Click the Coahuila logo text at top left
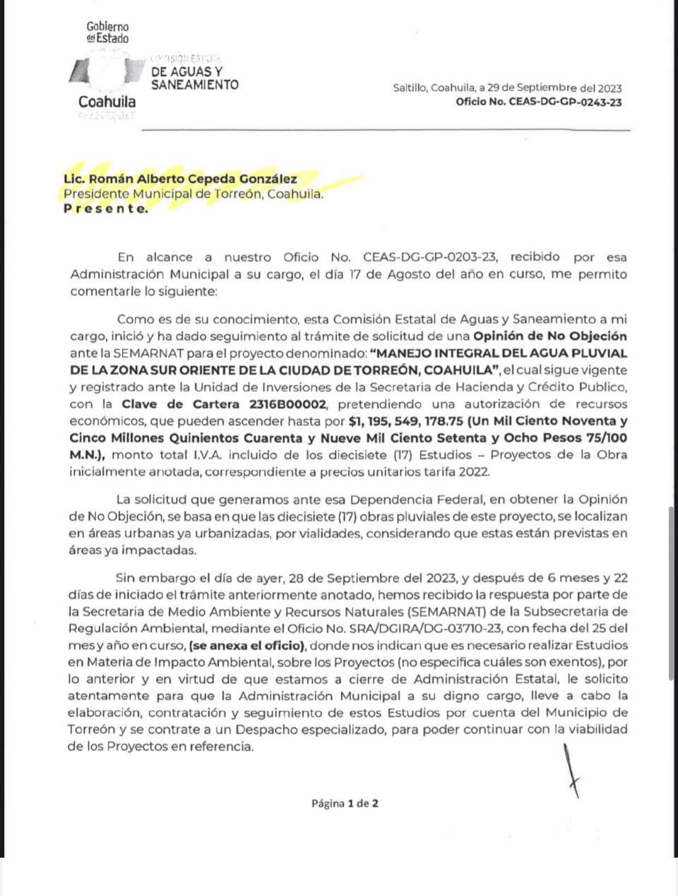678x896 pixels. click(x=107, y=102)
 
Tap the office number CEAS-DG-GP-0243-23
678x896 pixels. click(x=539, y=102)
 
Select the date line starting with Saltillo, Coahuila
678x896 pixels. click(x=507, y=88)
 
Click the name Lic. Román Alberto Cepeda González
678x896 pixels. click(x=180, y=179)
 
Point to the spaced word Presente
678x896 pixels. click(x=106, y=208)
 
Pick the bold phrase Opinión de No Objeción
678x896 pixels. click(x=549, y=336)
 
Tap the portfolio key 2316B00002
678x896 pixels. click(x=287, y=404)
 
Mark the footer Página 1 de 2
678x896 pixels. click(x=345, y=803)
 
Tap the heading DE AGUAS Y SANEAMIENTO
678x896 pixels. click(x=194, y=78)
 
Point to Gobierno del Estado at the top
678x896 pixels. click(x=107, y=32)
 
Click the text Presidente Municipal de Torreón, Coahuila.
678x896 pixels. click(x=194, y=194)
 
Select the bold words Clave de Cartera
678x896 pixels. click(x=180, y=404)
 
